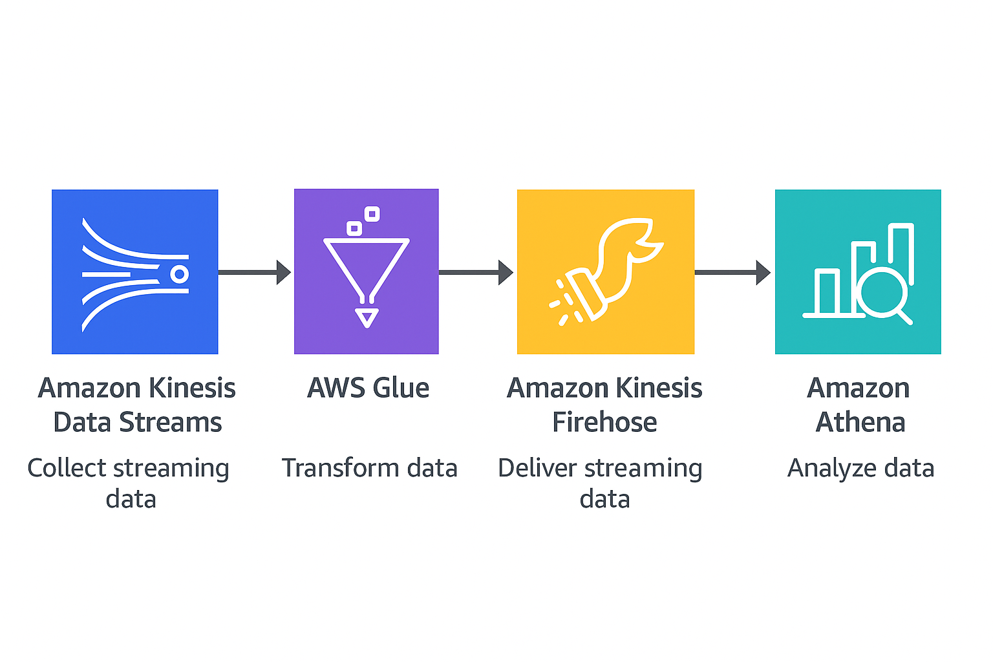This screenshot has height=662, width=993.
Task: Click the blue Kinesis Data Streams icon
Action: click(x=134, y=272)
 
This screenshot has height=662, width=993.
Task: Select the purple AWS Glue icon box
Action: click(x=366, y=272)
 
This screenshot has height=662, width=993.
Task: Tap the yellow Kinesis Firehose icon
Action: click(x=605, y=272)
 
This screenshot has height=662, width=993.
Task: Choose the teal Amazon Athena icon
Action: click(x=857, y=272)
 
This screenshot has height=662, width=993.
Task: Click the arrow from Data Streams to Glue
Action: click(x=254, y=272)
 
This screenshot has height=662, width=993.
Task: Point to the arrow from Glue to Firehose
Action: click(x=476, y=272)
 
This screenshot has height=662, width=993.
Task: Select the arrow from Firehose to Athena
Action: click(x=732, y=272)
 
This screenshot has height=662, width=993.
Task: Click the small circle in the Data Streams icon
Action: click(x=179, y=274)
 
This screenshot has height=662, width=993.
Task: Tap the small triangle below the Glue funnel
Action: click(x=367, y=317)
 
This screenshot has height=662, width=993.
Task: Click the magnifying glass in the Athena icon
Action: click(x=884, y=293)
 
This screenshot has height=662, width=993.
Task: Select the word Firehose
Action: click(x=604, y=422)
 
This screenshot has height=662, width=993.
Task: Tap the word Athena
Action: click(x=860, y=422)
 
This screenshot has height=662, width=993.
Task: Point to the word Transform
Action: click(x=340, y=468)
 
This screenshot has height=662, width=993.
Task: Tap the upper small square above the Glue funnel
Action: click(x=372, y=214)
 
